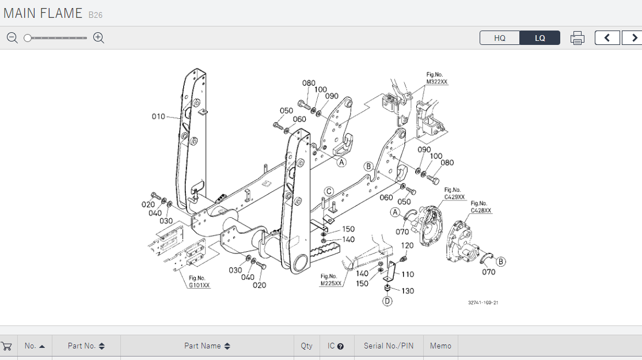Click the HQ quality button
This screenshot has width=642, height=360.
click(499, 38)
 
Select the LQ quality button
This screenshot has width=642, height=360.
click(540, 38)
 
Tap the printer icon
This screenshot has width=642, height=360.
click(577, 38)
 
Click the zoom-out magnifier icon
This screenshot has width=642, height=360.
click(12, 38)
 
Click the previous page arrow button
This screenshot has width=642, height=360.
click(607, 38)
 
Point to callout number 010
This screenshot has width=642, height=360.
click(158, 116)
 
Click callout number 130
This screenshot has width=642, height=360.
click(407, 291)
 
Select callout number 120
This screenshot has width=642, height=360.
click(407, 245)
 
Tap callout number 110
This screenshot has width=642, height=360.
click(408, 274)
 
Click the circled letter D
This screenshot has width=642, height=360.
click(388, 301)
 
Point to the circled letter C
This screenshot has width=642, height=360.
click(329, 191)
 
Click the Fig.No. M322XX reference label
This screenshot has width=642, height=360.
click(436, 78)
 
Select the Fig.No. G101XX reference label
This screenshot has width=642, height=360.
click(199, 282)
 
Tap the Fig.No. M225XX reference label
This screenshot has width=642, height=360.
click(331, 280)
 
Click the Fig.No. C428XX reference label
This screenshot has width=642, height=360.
click(481, 207)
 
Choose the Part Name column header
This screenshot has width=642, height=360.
click(207, 346)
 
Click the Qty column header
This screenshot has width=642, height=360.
click(306, 346)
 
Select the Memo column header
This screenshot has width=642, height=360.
click(440, 346)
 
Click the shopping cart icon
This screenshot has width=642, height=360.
click(7, 346)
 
